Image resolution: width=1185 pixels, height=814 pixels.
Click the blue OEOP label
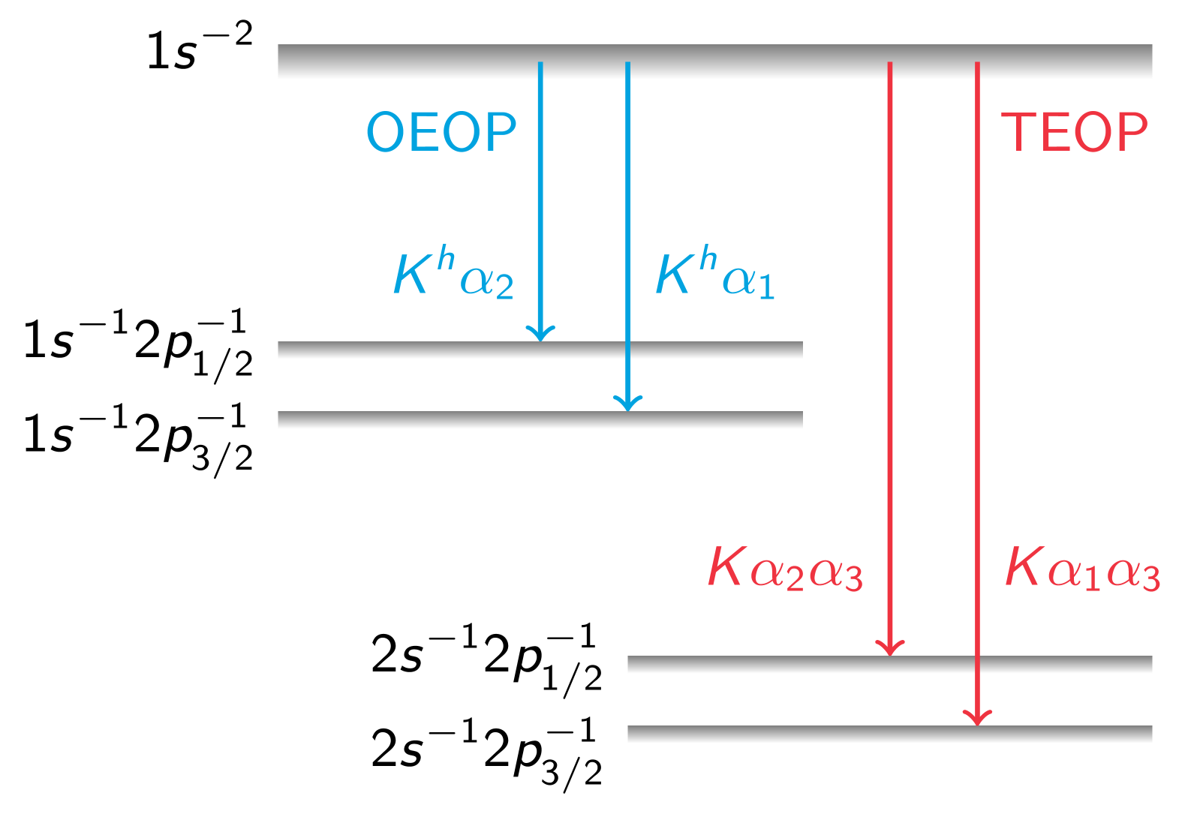[441, 133]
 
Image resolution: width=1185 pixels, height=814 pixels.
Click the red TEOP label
[1074, 133]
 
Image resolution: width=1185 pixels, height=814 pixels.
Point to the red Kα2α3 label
[785, 569]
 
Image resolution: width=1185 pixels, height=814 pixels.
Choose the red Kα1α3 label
[1082, 569]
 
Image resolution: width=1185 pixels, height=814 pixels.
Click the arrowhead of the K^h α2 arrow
[540, 334]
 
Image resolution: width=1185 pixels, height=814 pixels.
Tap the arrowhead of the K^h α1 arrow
[628, 403]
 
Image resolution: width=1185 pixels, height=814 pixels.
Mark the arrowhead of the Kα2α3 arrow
[890, 647]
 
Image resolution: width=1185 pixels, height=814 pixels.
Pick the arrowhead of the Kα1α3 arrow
[977, 717]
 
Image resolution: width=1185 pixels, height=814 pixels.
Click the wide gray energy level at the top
[714, 62]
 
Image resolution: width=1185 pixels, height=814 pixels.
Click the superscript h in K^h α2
[446, 258]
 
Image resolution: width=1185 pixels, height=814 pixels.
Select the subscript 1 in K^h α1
[765, 286]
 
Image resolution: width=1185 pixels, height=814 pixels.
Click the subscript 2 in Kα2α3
[795, 579]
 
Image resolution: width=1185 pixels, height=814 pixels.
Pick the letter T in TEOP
[1015, 133]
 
